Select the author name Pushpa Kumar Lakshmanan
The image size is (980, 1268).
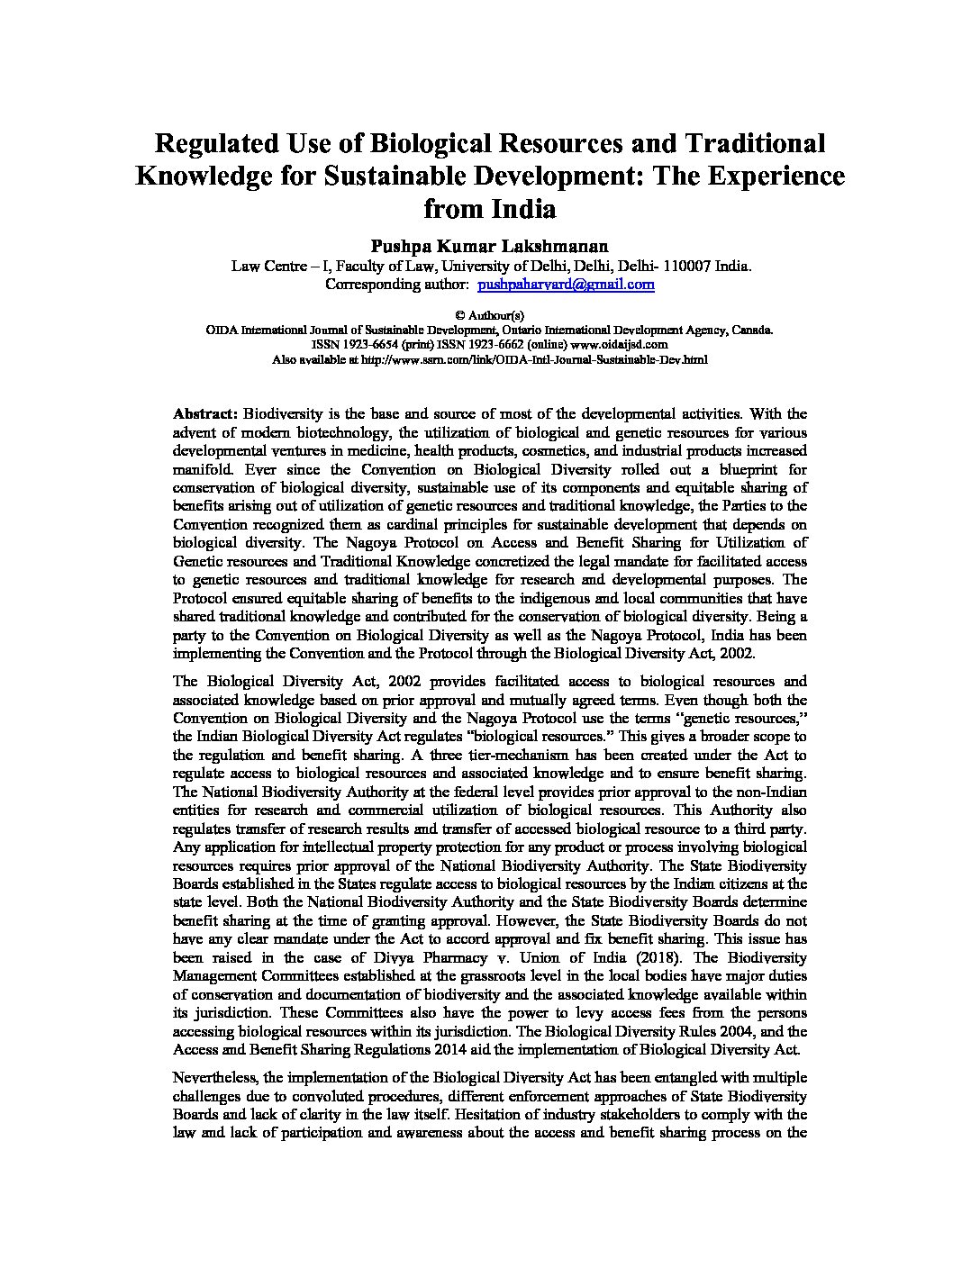pos(489,245)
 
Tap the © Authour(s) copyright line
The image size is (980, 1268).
pos(489,316)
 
